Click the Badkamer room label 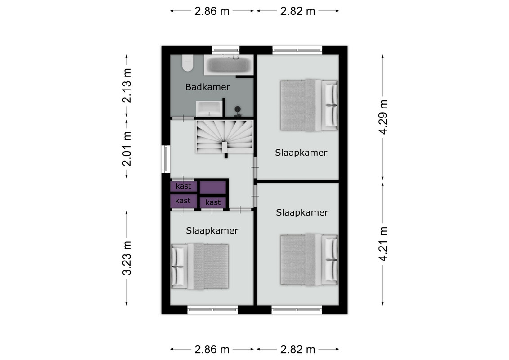(x=208, y=87)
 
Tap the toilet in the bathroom (x=187, y=63)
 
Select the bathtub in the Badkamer (x=229, y=65)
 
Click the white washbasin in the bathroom (x=209, y=108)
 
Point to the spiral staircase (x=224, y=137)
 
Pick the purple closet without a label (x=212, y=187)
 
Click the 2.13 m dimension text (x=126, y=85)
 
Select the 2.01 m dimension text (x=126, y=148)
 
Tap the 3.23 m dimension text (x=126, y=258)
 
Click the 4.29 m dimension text (x=383, y=117)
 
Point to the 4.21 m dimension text (x=383, y=244)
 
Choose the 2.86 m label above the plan (x=212, y=11)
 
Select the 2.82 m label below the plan (x=297, y=350)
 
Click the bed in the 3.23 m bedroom (x=200, y=266)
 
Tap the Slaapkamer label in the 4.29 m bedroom (x=301, y=153)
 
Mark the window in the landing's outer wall (x=166, y=159)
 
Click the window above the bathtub (x=226, y=50)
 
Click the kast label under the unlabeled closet (x=213, y=202)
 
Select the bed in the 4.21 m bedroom (x=309, y=260)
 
